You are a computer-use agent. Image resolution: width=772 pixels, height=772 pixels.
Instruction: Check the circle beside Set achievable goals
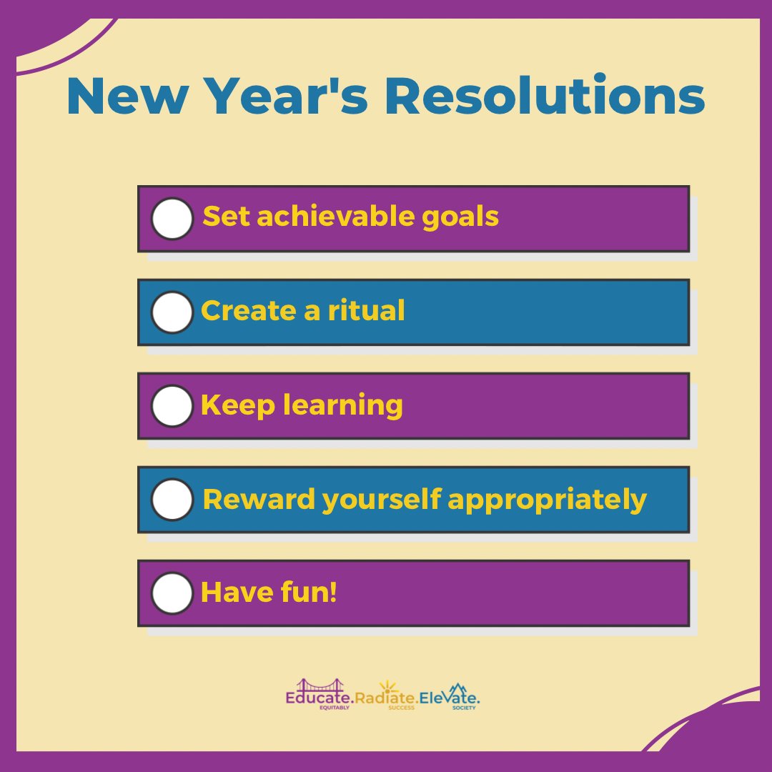tap(172, 218)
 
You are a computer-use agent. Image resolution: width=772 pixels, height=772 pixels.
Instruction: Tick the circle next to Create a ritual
tap(172, 312)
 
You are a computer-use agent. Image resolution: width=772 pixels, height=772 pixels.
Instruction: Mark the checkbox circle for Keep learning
tap(172, 406)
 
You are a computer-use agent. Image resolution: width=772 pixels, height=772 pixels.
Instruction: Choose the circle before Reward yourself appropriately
tap(172, 500)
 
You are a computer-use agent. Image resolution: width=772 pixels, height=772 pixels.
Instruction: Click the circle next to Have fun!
tap(172, 593)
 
